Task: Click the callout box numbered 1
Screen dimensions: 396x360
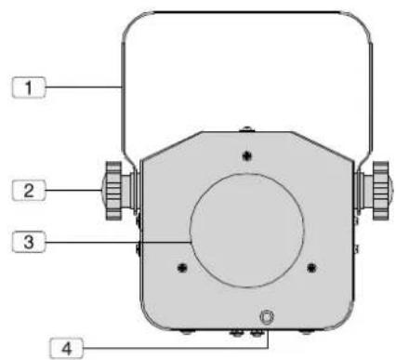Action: (29, 87)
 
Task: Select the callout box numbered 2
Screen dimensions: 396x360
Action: (29, 190)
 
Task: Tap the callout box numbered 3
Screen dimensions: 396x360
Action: (29, 242)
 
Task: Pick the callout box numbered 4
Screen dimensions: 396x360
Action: (67, 349)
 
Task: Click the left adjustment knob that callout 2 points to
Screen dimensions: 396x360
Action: (113, 191)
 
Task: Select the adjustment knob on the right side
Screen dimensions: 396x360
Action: (381, 191)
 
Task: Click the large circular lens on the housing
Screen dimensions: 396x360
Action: (246, 230)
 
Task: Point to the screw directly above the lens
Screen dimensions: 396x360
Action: (246, 155)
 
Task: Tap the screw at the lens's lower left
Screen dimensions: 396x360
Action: (182, 267)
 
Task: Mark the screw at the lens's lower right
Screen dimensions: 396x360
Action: (311, 267)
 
